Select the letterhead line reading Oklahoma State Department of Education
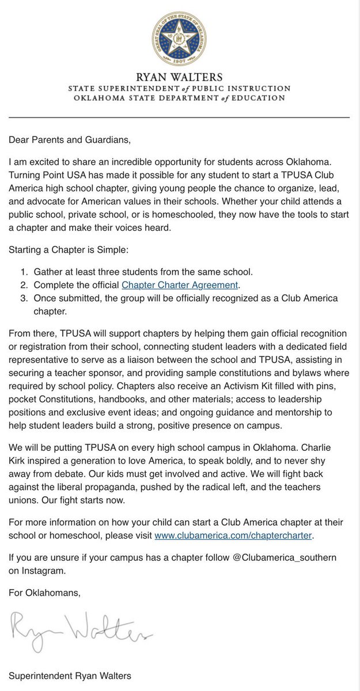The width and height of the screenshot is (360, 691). pyautogui.click(x=179, y=98)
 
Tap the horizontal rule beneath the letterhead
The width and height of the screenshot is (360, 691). pyautogui.click(x=179, y=117)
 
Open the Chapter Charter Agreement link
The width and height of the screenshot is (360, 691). pyautogui.click(x=179, y=285)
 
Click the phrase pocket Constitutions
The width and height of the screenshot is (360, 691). pyautogui.click(x=55, y=398)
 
